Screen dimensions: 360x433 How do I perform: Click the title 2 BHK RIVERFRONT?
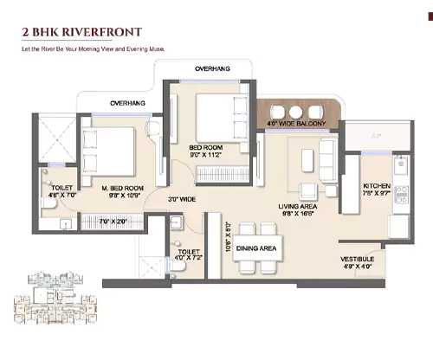[x=82, y=33]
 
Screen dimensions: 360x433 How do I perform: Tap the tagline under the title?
[x=93, y=49]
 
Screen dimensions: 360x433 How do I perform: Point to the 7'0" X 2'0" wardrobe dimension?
[x=114, y=222]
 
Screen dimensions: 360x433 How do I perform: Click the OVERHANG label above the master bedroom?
[x=126, y=103]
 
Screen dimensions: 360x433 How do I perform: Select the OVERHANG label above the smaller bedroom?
[x=211, y=67]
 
